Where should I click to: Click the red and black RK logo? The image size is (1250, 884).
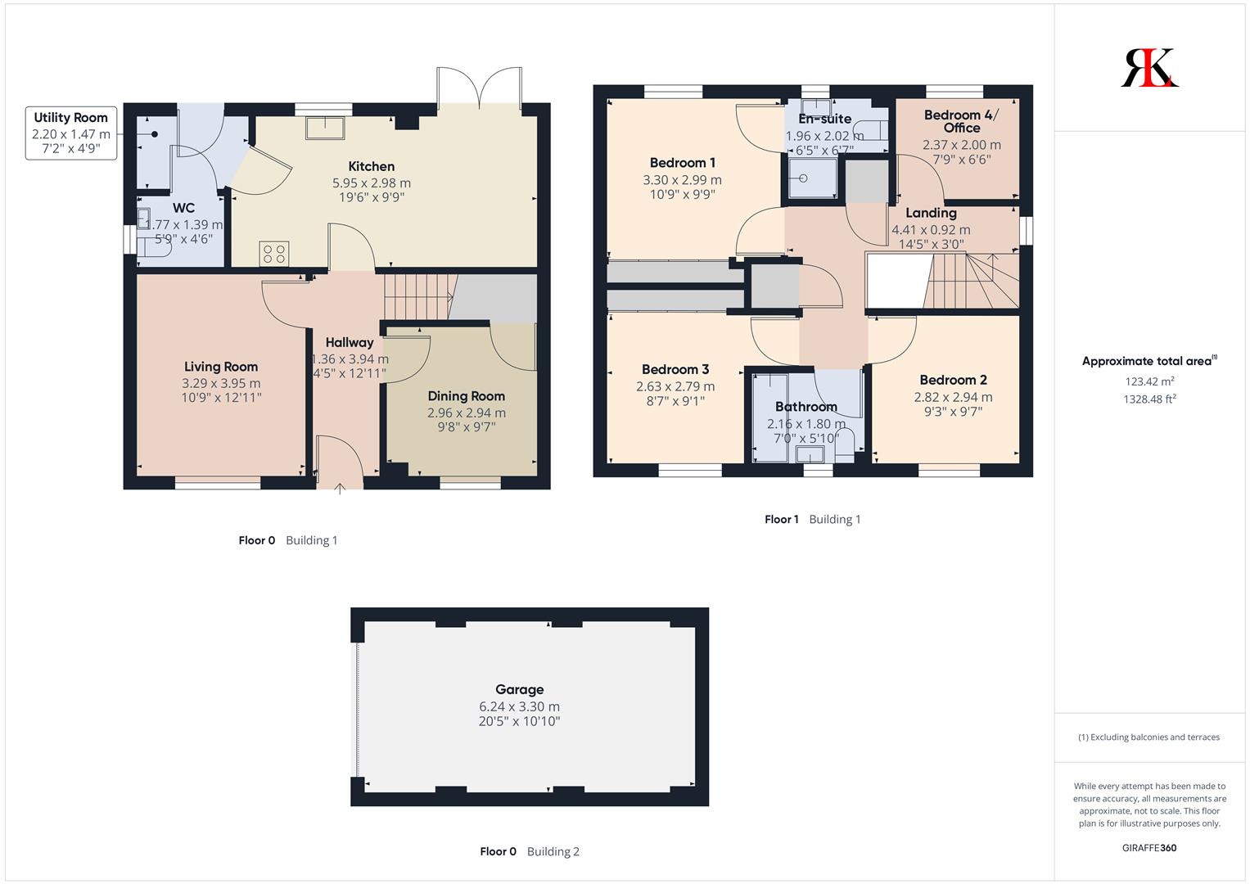[x=1149, y=67]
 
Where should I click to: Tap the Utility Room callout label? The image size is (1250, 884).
[x=71, y=133]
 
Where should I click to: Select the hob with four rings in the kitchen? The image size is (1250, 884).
[x=274, y=254]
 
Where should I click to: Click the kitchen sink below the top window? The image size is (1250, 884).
[x=325, y=128]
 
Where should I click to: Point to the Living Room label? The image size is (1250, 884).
[x=221, y=367]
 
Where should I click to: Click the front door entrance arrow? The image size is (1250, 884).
[x=339, y=489]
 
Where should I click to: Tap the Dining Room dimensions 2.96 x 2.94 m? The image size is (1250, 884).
[x=467, y=413]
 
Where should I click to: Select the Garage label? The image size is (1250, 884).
[x=520, y=690]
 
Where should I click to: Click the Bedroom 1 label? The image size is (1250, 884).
[x=683, y=163]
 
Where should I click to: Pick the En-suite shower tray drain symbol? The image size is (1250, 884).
[x=803, y=178]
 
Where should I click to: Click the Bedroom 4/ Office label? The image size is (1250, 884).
[x=962, y=121]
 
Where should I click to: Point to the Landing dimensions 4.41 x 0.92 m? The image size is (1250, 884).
[x=931, y=229]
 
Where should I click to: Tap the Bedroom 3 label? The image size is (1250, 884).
[x=675, y=369]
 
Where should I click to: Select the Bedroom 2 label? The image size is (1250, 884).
[x=953, y=380]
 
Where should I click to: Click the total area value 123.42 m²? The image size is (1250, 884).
[x=1149, y=381]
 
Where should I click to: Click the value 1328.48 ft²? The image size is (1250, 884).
[x=1149, y=399]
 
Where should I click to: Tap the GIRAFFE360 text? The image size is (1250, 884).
[x=1149, y=848]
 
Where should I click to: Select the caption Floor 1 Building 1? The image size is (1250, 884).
[x=813, y=520]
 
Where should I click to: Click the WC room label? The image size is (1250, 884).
[x=183, y=208]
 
